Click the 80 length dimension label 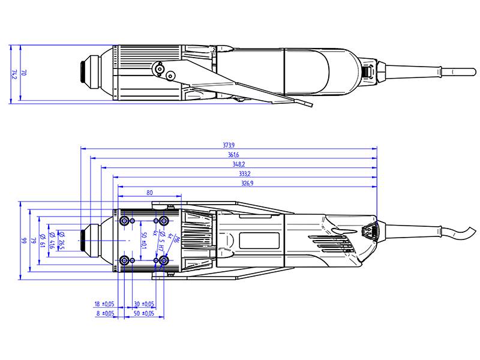pyautogui.click(x=149, y=193)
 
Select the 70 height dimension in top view pyautogui.click(x=24, y=72)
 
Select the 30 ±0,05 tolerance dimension pyautogui.click(x=143, y=304)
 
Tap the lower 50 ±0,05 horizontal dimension pyautogui.click(x=143, y=313)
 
